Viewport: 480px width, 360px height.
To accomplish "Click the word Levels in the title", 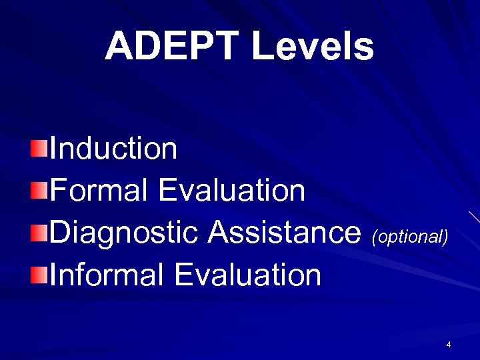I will click(x=313, y=47).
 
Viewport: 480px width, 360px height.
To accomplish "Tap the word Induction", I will click(x=113, y=149).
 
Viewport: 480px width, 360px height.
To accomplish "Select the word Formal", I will click(x=99, y=191).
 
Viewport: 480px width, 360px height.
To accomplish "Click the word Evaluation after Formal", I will click(x=232, y=191).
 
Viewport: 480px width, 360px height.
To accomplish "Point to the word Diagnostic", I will click(x=124, y=233).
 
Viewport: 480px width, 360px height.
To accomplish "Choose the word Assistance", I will click(x=284, y=233).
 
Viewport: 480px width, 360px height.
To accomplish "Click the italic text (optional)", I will click(x=410, y=237).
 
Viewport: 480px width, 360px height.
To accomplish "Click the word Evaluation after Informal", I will click(x=248, y=275).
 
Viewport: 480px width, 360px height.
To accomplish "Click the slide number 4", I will click(x=449, y=345).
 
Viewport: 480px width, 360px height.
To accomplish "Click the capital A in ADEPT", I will click(x=120, y=47).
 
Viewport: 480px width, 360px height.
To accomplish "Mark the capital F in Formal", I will click(x=57, y=191).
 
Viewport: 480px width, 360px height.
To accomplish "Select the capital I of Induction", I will click(x=53, y=149).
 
